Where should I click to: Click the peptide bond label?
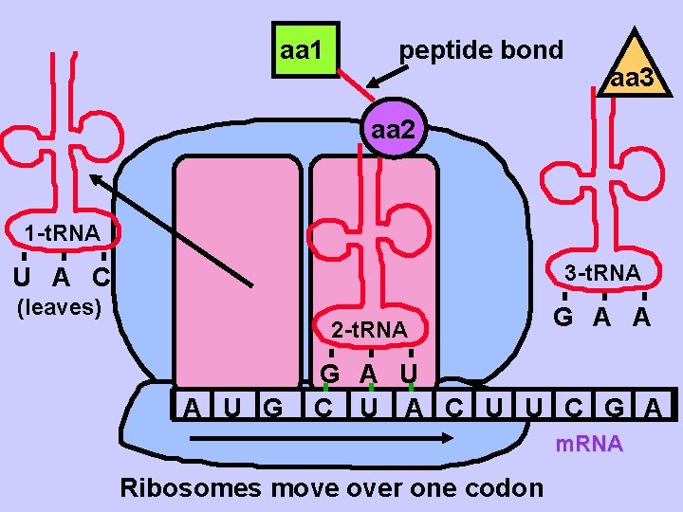coord(481,49)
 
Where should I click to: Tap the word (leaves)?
coord(60,306)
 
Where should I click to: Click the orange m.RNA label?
coord(589,444)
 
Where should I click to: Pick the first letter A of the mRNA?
coord(192,409)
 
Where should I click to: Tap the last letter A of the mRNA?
coord(654,409)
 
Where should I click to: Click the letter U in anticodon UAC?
coord(22,278)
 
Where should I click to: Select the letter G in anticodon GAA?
coord(563,318)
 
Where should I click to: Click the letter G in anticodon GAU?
coord(329,373)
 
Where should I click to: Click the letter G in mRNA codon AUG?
coord(272,409)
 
